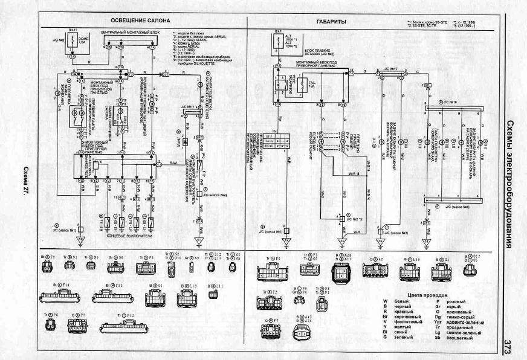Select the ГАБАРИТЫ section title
(x=331, y=21)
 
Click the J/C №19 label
(x=450, y=103)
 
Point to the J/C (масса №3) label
(x=395, y=231)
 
